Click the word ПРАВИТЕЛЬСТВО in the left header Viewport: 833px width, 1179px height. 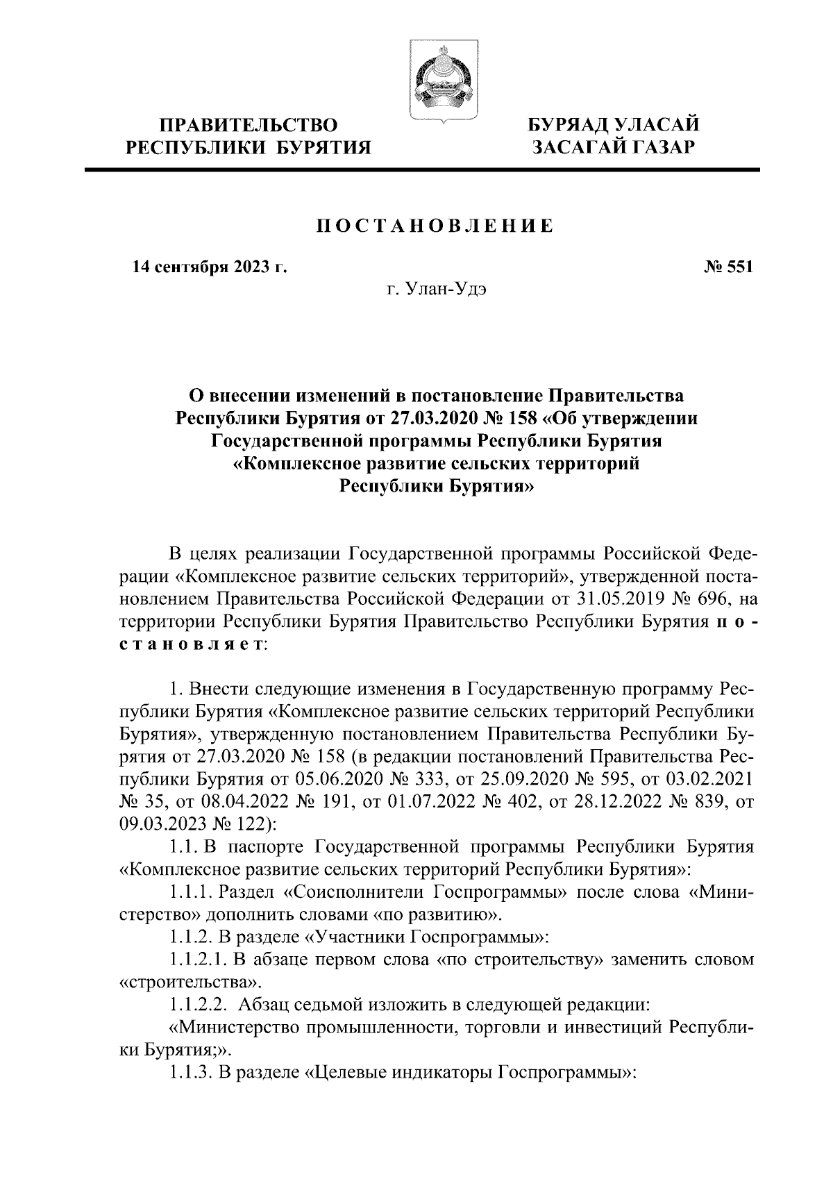pyautogui.click(x=249, y=126)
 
